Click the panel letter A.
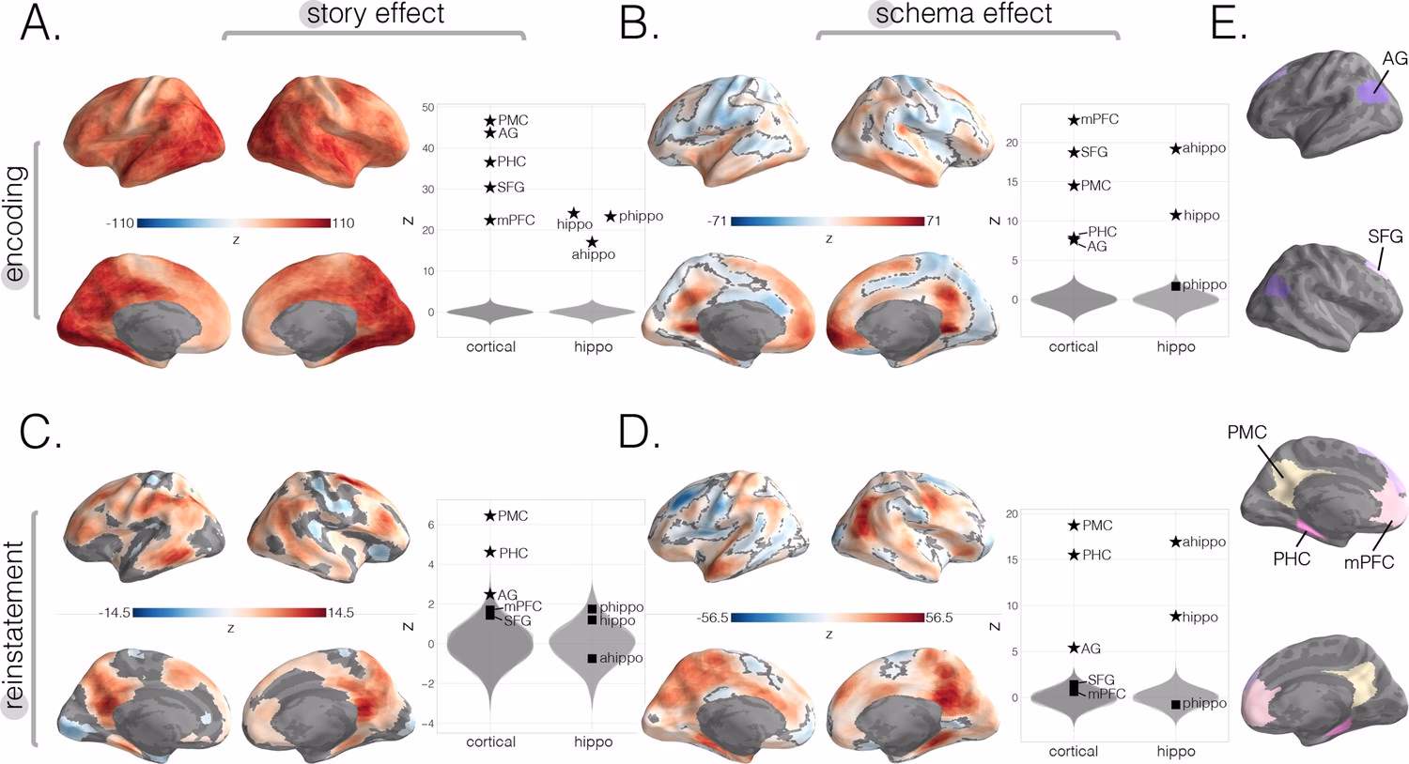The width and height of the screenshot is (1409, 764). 39,24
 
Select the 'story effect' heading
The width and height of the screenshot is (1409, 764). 376,14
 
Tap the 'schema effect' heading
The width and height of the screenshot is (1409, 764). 964,14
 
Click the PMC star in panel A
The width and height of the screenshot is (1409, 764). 489,121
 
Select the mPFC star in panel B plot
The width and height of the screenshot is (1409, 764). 1074,120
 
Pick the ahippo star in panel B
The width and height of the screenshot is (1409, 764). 1175,148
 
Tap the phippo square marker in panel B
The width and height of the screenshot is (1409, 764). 1176,285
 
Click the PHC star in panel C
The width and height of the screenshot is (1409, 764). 489,553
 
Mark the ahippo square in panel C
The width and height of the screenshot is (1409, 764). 592,659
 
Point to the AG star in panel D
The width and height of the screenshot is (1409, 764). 1074,649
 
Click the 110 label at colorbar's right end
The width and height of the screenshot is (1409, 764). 343,223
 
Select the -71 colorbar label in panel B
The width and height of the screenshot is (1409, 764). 718,222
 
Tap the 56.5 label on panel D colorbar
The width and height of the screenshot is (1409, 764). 939,619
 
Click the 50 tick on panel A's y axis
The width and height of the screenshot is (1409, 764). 428,108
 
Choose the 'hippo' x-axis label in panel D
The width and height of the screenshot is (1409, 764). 1175,751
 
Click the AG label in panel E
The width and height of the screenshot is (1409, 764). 1395,59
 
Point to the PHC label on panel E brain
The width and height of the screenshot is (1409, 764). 1292,559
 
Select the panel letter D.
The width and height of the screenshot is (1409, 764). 640,433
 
